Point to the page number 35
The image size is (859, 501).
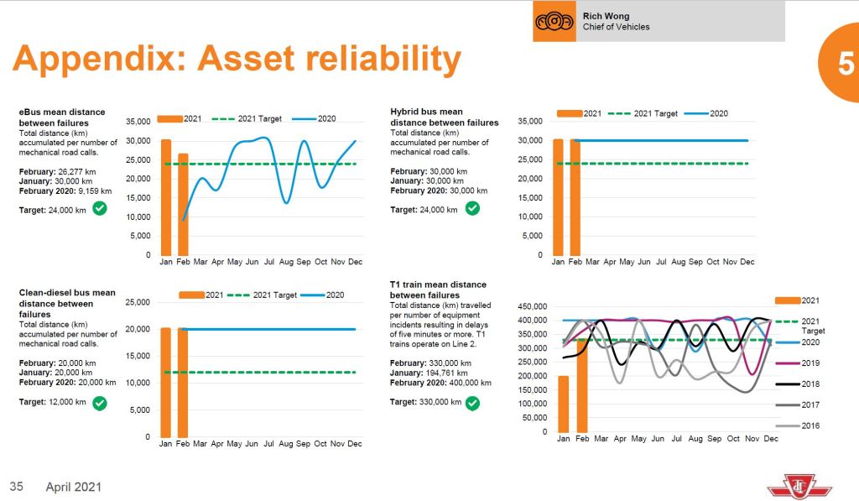pyautogui.click(x=17, y=486)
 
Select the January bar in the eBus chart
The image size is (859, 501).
pyautogui.click(x=166, y=197)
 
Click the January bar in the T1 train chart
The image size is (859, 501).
pyautogui.click(x=563, y=404)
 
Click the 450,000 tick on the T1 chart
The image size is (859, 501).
pyautogui.click(x=532, y=306)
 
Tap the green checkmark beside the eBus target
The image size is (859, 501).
pyautogui.click(x=100, y=208)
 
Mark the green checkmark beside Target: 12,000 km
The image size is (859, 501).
pyautogui.click(x=100, y=403)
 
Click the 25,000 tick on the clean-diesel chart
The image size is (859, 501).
pyautogui.click(x=135, y=302)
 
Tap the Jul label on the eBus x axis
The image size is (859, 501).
pyautogui.click(x=268, y=262)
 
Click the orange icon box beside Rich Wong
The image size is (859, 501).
pyautogui.click(x=554, y=21)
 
